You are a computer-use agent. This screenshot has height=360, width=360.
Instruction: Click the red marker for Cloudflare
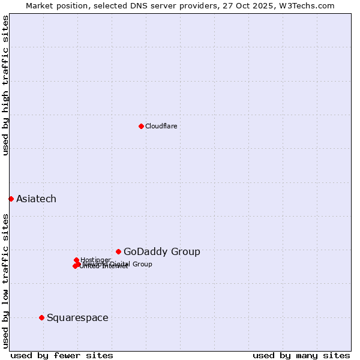click(141, 126)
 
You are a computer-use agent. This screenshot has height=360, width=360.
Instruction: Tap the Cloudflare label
click(161, 126)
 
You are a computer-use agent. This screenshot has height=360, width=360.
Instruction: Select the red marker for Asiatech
click(11, 199)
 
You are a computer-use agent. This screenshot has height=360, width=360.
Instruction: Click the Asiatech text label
click(36, 199)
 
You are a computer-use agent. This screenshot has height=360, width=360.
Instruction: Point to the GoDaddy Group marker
click(118, 251)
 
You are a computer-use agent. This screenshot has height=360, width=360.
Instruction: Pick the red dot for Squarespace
click(41, 317)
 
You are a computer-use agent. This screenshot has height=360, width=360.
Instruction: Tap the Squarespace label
click(77, 317)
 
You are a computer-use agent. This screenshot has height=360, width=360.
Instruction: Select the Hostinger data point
click(76, 260)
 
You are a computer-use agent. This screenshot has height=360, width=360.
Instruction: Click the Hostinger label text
click(95, 260)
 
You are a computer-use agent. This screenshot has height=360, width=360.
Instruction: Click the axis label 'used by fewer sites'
click(62, 355)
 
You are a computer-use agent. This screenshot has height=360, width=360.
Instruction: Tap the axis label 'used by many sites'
click(301, 355)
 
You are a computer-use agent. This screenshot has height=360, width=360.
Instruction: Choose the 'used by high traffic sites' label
click(5, 85)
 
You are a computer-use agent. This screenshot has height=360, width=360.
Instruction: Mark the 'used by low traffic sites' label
click(5, 280)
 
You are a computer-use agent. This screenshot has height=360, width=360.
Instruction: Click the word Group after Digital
click(142, 264)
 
